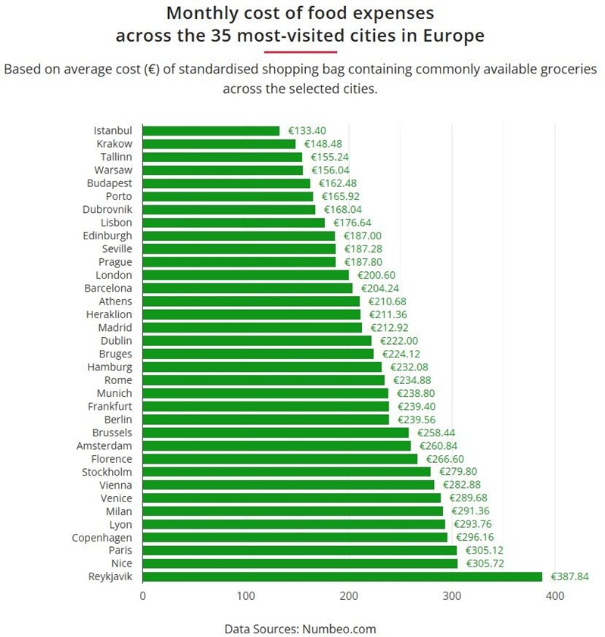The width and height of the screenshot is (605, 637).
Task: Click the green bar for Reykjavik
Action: pos(342,577)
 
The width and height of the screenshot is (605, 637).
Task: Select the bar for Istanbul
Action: pos(211,131)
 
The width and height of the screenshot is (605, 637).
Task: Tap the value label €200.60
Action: pos(376,275)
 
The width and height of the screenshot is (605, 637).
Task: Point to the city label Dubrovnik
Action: pos(107,209)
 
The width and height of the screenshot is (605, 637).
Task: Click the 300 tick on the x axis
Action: pos(452,596)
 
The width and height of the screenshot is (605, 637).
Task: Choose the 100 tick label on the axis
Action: pos(245,596)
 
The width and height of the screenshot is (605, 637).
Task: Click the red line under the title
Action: pos(301,52)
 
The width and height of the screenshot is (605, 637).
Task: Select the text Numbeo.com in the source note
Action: pos(339,629)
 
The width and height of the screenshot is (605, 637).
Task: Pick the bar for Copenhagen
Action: pos(295,538)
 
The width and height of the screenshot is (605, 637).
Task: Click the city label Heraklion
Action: pos(109,314)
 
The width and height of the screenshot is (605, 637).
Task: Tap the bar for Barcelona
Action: pos(247,289)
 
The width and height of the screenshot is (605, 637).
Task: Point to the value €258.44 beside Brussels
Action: pos(436,432)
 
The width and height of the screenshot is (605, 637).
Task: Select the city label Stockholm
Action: pos(107,472)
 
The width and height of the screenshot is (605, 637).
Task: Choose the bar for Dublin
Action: pos(257,341)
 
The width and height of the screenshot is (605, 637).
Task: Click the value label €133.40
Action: pos(307,131)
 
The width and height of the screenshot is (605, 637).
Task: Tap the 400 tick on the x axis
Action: pos(555,596)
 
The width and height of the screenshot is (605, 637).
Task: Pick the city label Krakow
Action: pos(114,144)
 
